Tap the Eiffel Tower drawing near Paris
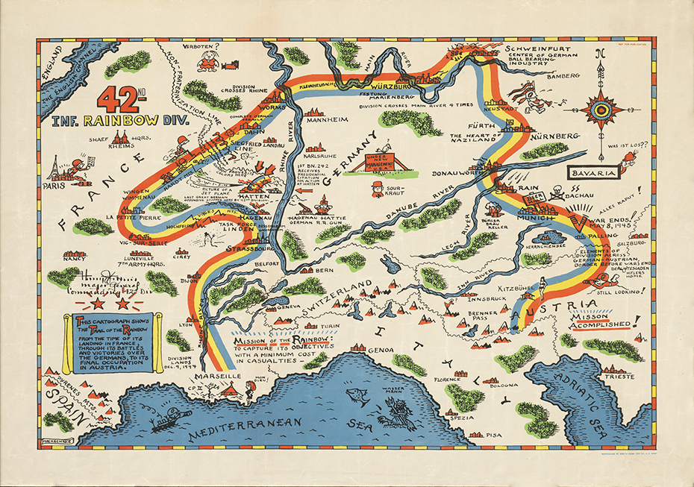coord(54,168)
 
